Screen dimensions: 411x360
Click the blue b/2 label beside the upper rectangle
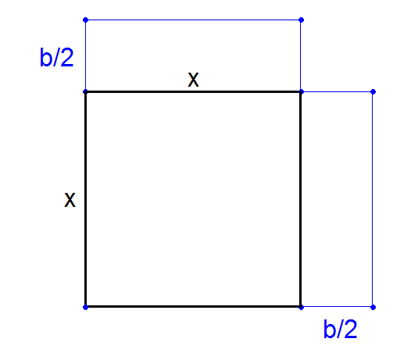(56, 57)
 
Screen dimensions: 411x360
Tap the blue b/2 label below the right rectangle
(340, 329)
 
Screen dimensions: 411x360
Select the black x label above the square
(193, 80)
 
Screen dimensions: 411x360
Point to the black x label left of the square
(70, 200)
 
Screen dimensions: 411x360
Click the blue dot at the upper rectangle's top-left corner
(85, 20)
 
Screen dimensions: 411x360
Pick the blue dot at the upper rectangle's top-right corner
(301, 20)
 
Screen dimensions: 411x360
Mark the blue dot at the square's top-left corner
(85, 91)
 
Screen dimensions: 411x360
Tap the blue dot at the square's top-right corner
(301, 91)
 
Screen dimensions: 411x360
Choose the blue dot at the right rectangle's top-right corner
(373, 91)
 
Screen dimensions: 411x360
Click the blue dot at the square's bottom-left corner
(85, 307)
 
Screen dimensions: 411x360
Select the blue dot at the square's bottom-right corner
(301, 307)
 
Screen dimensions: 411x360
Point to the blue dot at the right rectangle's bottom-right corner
(373, 307)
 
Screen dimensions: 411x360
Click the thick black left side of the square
(86, 199)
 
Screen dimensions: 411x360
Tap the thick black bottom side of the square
(193, 306)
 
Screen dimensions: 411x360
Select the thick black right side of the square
(301, 199)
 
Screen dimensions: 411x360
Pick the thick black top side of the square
(193, 91)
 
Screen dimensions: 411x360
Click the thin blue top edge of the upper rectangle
(193, 20)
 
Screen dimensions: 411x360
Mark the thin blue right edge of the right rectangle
(373, 199)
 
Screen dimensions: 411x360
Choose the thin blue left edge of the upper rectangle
(85, 55)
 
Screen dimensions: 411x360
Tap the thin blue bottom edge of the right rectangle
(337, 307)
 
